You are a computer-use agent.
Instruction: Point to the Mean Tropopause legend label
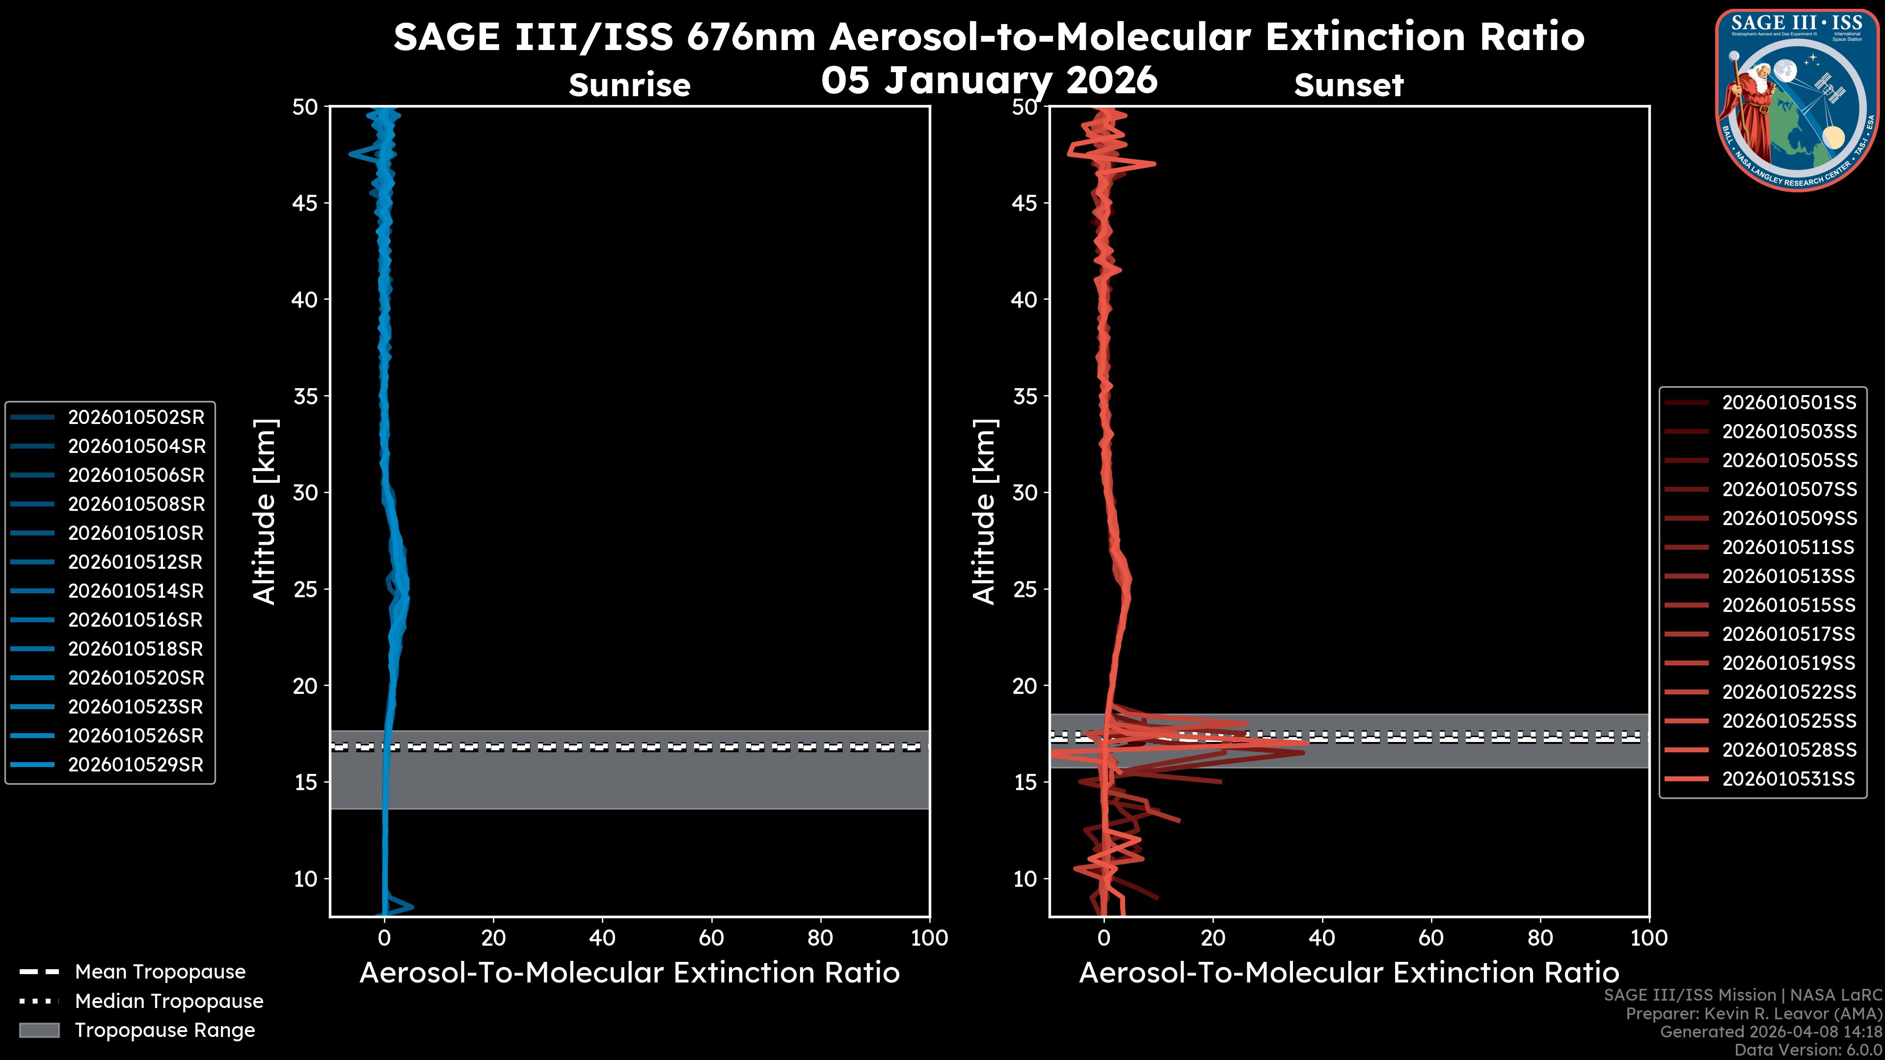160,972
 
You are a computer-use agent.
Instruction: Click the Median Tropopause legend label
169,1002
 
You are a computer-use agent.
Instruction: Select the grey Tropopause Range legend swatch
39,1031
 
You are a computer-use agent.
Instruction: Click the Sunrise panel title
629,85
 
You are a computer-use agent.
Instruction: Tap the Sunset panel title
1348,85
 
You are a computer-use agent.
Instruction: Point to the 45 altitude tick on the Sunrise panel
305,203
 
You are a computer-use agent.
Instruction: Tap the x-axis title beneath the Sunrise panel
629,974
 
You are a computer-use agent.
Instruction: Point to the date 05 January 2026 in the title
989,80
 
